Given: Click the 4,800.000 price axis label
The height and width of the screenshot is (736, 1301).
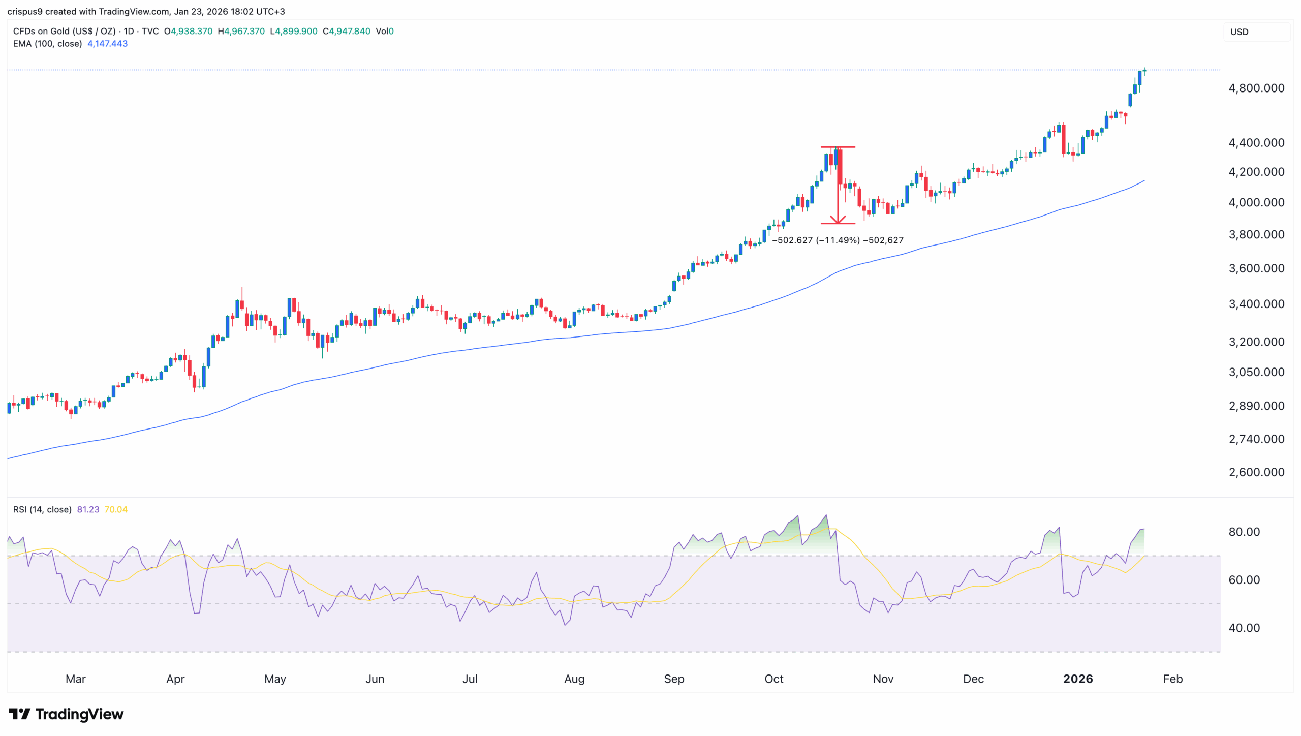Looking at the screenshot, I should point(1256,88).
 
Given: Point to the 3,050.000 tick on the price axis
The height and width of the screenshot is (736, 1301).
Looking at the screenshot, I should point(1256,372).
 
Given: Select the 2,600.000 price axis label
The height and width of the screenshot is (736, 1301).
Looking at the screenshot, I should point(1256,472).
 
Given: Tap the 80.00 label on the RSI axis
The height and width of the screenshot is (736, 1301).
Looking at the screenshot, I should point(1244,532).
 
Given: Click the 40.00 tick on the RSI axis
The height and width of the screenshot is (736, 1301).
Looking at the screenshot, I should point(1244,628).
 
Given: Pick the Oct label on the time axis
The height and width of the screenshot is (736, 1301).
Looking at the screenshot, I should point(773,679).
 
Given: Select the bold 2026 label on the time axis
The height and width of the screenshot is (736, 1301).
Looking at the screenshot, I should point(1077,679).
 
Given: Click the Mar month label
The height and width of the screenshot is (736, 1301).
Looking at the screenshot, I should point(76,679).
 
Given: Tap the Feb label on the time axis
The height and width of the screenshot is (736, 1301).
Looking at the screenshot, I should point(1172,679).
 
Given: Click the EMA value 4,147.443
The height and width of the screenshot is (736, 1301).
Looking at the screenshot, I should point(107,44).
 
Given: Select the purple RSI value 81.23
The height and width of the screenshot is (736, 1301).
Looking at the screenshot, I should point(88,509).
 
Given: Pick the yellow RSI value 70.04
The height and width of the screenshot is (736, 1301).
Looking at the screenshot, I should point(116,509).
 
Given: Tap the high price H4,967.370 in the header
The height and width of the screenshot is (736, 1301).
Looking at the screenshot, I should point(241,31).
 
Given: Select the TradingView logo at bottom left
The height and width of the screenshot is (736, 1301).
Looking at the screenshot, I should point(66,714).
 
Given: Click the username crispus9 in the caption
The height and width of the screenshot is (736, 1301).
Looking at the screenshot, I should point(25,11).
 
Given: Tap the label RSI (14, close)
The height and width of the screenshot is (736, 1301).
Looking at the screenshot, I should point(42,509).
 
